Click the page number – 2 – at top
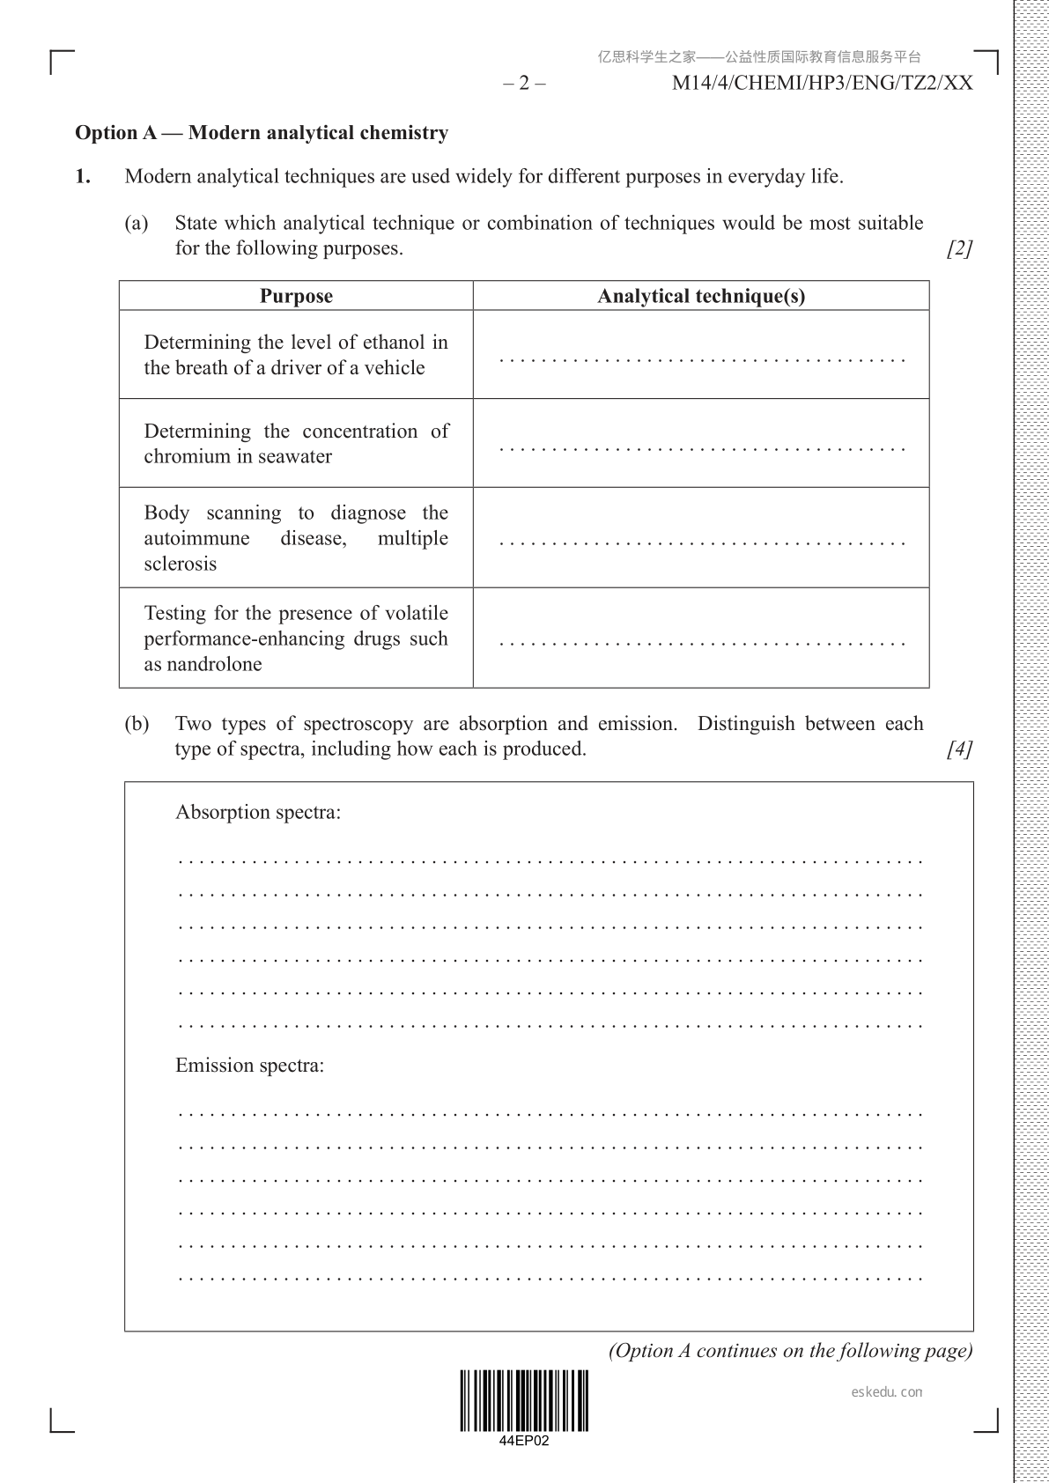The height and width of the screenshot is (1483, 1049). (x=524, y=84)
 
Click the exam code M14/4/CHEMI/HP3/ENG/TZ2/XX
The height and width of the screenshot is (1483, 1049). (x=822, y=84)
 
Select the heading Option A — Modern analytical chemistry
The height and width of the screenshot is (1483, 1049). (x=262, y=133)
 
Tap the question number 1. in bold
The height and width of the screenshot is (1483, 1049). (x=83, y=176)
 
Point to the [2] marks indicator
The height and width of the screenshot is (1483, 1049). (x=959, y=249)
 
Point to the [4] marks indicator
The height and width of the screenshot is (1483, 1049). (x=959, y=749)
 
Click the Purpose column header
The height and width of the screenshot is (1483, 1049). (x=296, y=296)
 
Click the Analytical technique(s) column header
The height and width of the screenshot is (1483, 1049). (x=701, y=296)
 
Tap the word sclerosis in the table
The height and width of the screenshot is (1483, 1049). (x=181, y=564)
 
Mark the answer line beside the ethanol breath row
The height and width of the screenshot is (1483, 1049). (x=702, y=360)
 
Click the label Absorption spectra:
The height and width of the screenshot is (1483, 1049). (x=258, y=812)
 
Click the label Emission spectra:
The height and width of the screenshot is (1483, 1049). (x=249, y=1066)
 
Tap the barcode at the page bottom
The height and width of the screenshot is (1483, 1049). (x=524, y=1401)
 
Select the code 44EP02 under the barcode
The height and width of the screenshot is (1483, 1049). (x=524, y=1442)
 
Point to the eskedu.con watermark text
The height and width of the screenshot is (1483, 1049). (x=888, y=1392)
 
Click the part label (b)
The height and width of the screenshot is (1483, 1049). (x=137, y=724)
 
